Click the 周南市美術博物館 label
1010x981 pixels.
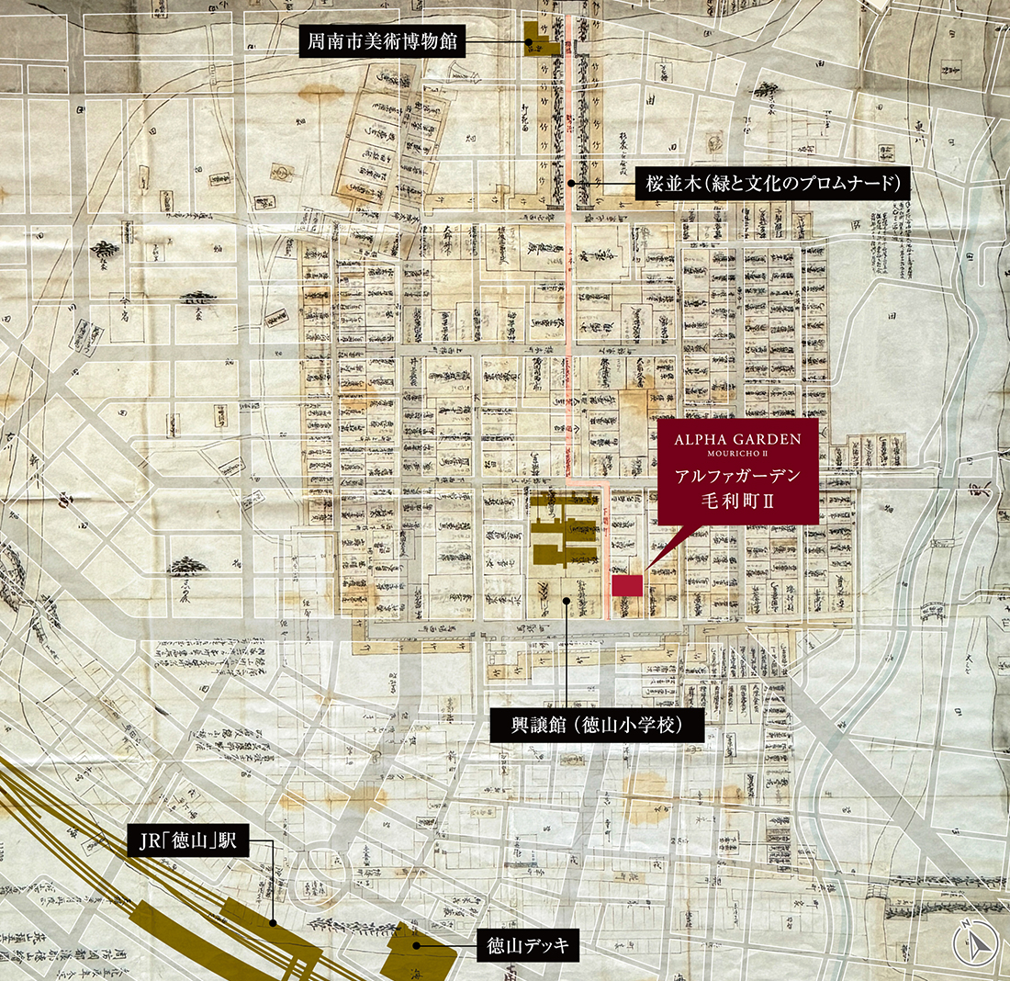click(384, 42)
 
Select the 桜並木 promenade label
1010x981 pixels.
click(771, 183)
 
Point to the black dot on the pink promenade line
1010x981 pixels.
click(571, 183)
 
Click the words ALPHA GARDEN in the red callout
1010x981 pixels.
click(737, 440)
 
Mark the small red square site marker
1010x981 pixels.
click(627, 586)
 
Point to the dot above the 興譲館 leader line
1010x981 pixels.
click(567, 601)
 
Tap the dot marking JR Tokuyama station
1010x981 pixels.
click(274, 921)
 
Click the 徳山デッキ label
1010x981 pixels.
click(528, 944)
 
